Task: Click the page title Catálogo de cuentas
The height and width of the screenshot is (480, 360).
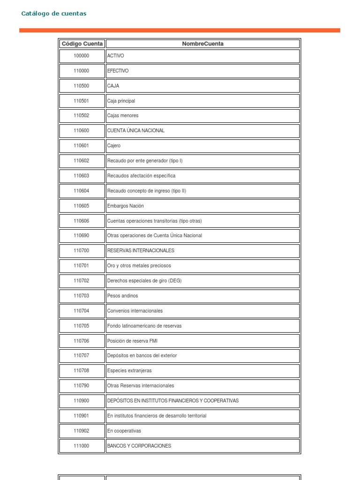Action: click(x=54, y=14)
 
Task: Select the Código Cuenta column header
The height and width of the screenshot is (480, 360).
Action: click(x=82, y=44)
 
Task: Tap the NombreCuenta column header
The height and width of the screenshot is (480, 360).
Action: click(x=202, y=44)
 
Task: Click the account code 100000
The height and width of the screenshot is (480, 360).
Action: click(x=81, y=56)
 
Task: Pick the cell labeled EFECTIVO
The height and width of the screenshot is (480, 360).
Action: click(x=118, y=71)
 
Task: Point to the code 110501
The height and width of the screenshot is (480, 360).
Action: click(x=81, y=101)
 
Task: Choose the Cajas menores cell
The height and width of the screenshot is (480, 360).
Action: click(x=123, y=116)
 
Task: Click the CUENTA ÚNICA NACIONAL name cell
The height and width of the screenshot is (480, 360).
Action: click(x=136, y=131)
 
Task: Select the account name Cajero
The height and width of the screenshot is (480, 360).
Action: click(x=114, y=146)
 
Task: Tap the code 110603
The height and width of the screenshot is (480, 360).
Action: click(x=81, y=176)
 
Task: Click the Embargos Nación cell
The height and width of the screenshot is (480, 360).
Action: click(x=126, y=206)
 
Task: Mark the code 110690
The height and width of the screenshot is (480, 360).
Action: click(x=81, y=236)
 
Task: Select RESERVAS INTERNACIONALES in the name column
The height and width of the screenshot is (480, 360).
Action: click(x=141, y=251)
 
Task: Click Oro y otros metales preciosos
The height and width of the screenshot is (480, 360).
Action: click(x=139, y=266)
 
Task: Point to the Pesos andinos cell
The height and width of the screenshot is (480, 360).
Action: click(x=123, y=296)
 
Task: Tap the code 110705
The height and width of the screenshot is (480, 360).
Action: click(x=81, y=326)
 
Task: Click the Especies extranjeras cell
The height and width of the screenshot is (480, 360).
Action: click(x=129, y=371)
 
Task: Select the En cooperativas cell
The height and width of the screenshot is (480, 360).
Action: click(x=124, y=431)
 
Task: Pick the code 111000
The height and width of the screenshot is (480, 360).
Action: click(x=81, y=446)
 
